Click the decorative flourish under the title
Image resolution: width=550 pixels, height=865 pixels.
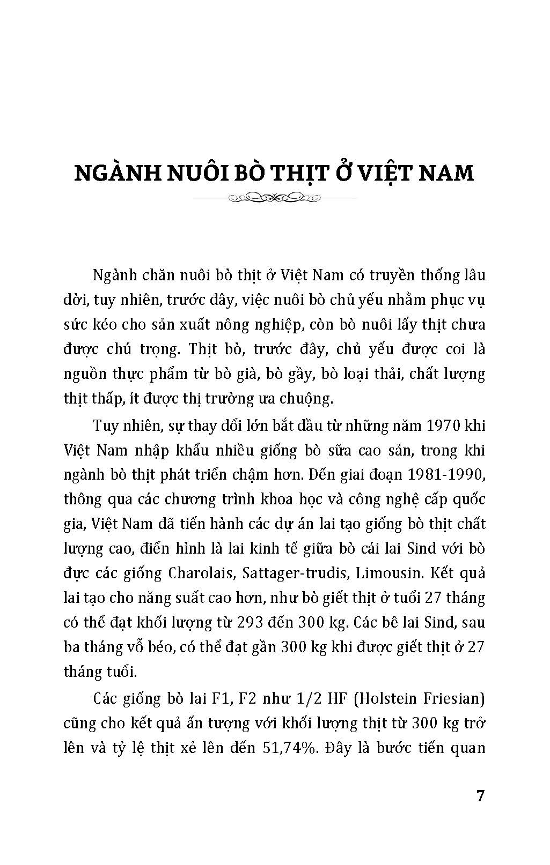[274, 198]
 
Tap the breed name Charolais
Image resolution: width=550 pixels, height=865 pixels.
[195, 573]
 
